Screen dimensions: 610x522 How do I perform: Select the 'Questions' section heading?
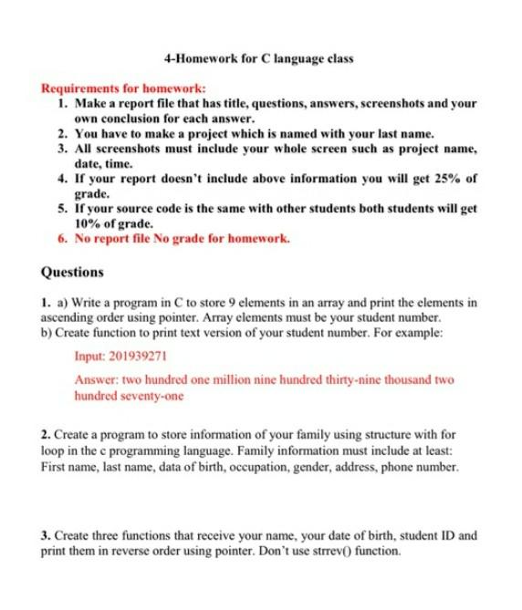73,272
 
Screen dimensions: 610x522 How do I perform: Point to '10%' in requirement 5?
88,223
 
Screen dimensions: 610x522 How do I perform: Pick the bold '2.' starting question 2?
47,435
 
